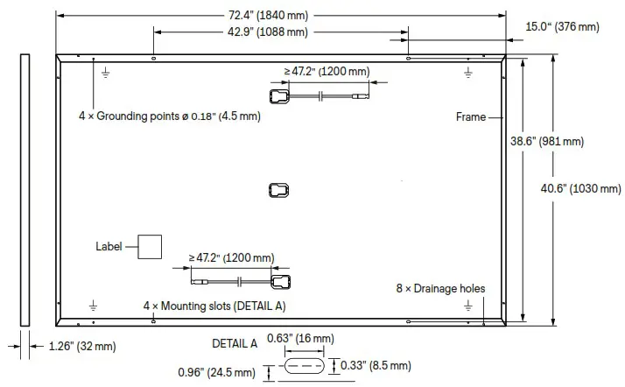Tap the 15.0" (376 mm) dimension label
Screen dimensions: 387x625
pos(562,27)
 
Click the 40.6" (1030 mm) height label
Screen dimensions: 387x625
pos(582,188)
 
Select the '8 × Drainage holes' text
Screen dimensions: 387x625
pos(439,288)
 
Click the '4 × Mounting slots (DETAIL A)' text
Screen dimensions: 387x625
pos(214,306)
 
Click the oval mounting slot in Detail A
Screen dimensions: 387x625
pos(303,364)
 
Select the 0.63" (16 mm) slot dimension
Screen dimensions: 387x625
pos(303,338)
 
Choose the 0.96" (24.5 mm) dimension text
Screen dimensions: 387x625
pos(220,373)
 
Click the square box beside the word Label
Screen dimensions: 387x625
pos(151,247)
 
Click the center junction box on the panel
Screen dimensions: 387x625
pos(278,189)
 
